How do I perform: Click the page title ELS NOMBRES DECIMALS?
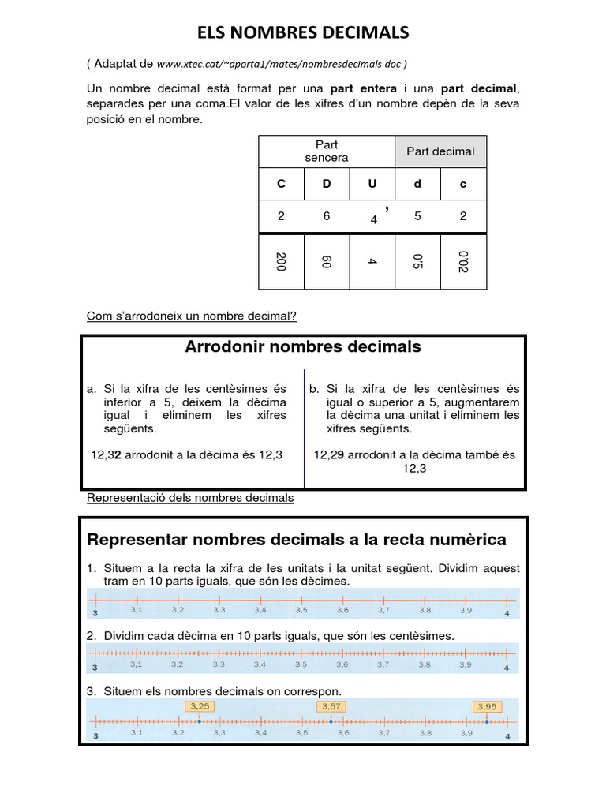pyautogui.click(x=303, y=32)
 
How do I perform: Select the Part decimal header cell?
pyautogui.click(x=440, y=151)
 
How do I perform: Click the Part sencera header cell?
pyautogui.click(x=327, y=151)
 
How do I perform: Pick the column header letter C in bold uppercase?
pyautogui.click(x=281, y=184)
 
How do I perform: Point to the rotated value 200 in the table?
pyautogui.click(x=281, y=262)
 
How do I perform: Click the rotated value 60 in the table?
pyautogui.click(x=327, y=262)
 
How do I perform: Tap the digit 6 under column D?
pyautogui.click(x=327, y=216)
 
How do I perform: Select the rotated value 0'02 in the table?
pyautogui.click(x=463, y=262)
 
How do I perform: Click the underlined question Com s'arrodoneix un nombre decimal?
pyautogui.click(x=191, y=317)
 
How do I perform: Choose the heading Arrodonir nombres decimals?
pyautogui.click(x=303, y=347)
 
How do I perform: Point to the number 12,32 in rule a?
pyautogui.click(x=107, y=454)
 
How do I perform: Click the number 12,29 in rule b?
pyautogui.click(x=328, y=454)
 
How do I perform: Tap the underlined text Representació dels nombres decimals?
pyautogui.click(x=189, y=498)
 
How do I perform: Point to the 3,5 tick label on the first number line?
pyautogui.click(x=301, y=610)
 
